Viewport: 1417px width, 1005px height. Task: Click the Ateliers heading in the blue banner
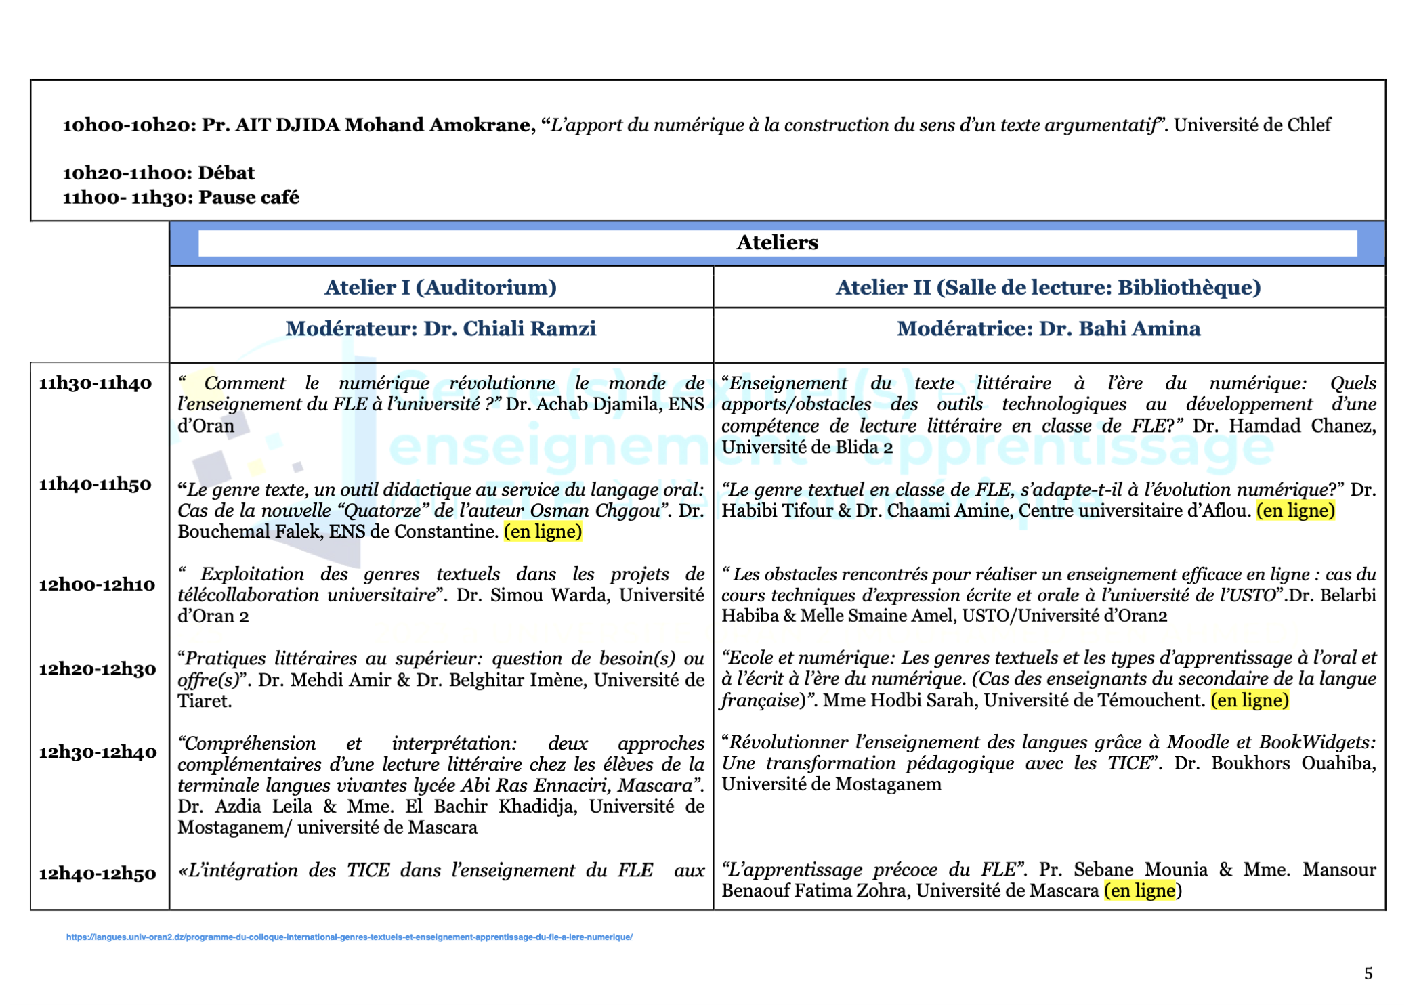[777, 242]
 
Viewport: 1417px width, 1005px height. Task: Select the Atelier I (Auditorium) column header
[440, 287]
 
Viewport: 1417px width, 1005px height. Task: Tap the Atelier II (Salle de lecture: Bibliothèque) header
[1048, 287]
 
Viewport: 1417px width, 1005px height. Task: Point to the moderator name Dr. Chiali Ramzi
[509, 328]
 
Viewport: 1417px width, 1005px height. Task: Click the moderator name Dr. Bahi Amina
[1119, 328]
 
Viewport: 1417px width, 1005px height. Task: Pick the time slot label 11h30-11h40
[96, 383]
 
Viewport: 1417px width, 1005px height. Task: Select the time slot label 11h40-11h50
[96, 484]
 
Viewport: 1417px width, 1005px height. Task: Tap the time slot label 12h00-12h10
[97, 584]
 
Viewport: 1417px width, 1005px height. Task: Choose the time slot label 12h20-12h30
[98, 669]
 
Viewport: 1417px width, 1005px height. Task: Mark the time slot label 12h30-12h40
[98, 752]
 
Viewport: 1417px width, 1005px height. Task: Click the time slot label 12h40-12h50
[98, 874]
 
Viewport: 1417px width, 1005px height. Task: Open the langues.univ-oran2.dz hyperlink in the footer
[349, 937]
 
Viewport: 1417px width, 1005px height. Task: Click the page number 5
[1368, 973]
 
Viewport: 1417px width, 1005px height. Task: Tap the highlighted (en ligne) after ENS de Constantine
[543, 532]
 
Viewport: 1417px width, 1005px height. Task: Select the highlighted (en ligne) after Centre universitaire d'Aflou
[1295, 511]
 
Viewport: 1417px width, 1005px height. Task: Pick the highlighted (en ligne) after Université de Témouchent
[1250, 700]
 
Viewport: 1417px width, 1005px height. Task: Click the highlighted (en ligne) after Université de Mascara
[1143, 891]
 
